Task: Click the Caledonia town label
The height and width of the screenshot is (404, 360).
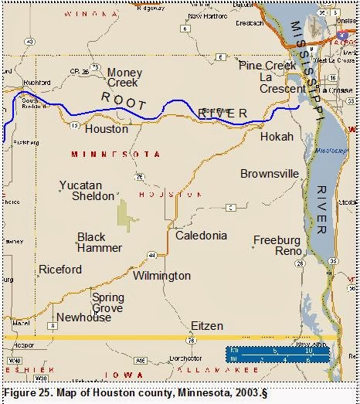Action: (x=202, y=235)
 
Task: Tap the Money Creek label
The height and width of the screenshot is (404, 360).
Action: (x=125, y=77)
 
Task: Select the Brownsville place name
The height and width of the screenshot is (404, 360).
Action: (x=269, y=174)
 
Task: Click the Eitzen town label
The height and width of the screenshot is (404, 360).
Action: (x=207, y=326)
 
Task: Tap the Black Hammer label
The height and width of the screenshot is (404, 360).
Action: (x=100, y=243)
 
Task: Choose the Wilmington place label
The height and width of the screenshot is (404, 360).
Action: (x=161, y=276)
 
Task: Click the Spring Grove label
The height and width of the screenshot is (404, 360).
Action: (x=107, y=303)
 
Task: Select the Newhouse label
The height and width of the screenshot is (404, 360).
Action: (x=83, y=317)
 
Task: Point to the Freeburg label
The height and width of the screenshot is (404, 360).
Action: (x=277, y=240)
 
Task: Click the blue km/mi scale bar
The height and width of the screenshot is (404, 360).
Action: (x=278, y=355)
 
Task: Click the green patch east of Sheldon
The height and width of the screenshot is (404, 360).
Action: (x=124, y=215)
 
